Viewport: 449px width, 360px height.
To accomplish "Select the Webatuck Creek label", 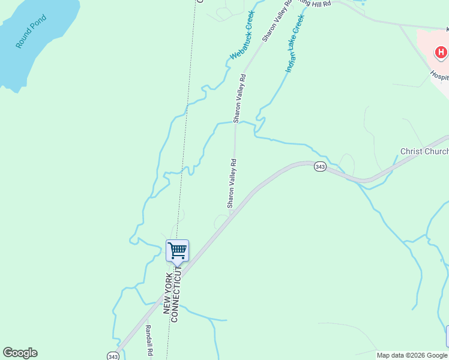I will pos(243,35).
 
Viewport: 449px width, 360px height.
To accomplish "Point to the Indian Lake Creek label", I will pos(295,44).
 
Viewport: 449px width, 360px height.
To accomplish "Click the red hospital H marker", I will pos(441,53).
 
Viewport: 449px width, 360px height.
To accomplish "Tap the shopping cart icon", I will pos(177,250).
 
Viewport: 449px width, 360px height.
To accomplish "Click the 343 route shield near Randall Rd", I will pos(112,356).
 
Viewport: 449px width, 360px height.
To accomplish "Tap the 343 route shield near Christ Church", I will pos(320,167).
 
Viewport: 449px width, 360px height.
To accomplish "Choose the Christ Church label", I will pos(424,151).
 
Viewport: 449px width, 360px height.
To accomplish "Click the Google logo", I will pos(20,353).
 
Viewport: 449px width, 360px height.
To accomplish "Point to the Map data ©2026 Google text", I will pos(412,355).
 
